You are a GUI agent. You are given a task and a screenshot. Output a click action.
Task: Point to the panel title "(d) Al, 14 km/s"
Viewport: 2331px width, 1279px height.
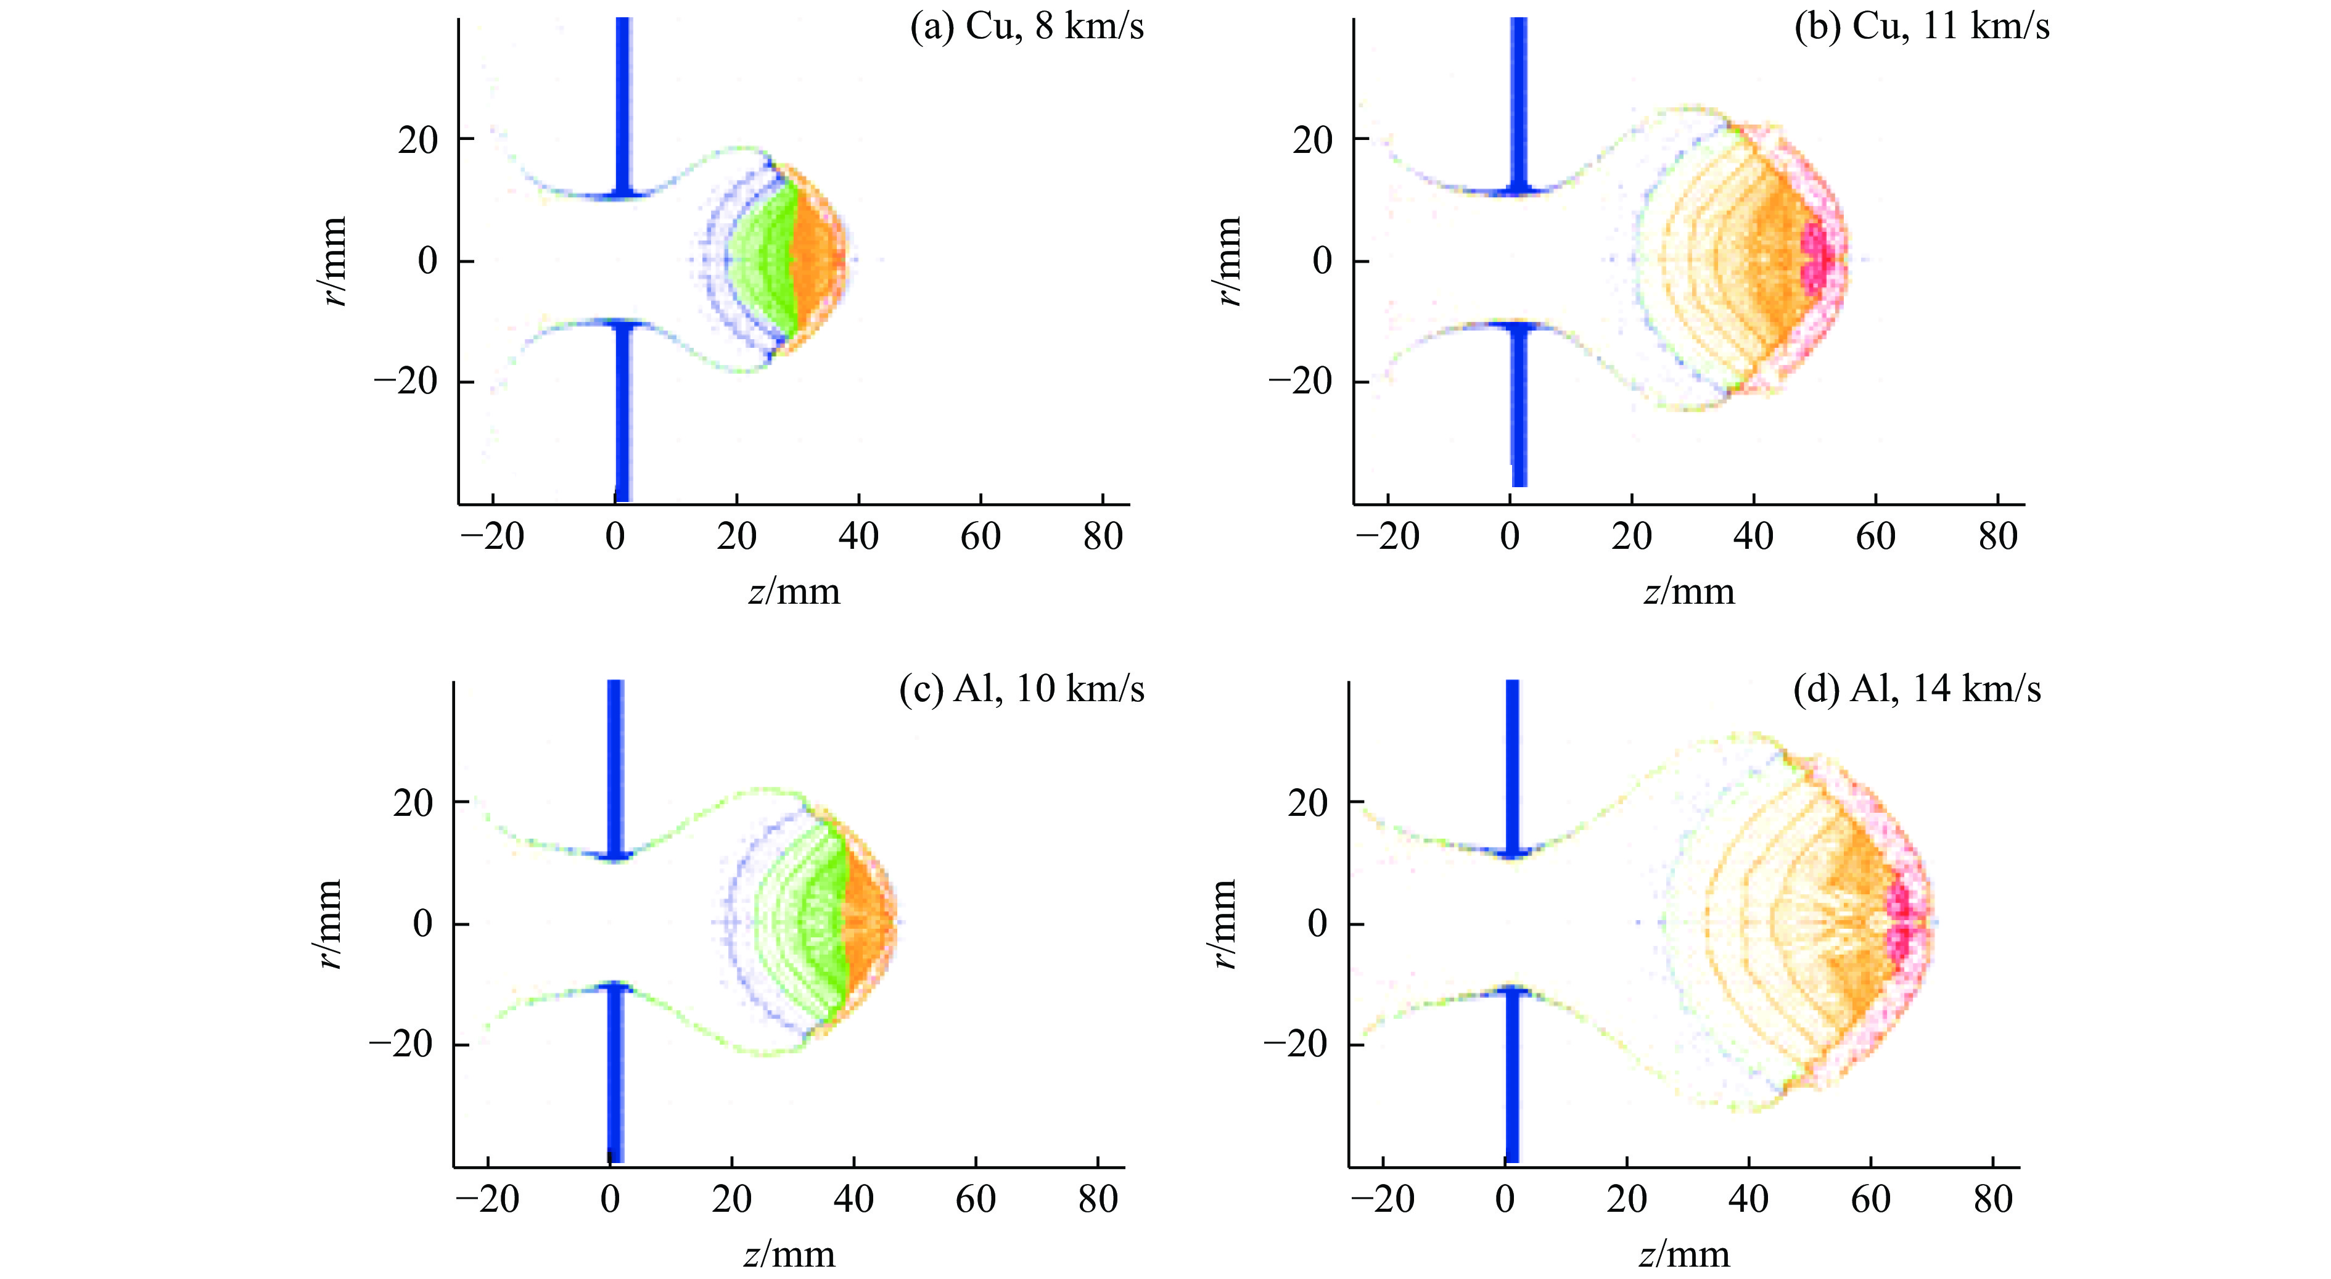[x=1917, y=689]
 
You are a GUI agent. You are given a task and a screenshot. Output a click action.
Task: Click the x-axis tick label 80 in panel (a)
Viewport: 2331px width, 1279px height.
[x=1102, y=537]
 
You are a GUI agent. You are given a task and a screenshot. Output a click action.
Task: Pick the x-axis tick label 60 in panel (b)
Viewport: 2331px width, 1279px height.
[x=1875, y=537]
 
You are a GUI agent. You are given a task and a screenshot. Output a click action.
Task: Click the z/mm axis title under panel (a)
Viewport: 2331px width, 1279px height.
[x=794, y=592]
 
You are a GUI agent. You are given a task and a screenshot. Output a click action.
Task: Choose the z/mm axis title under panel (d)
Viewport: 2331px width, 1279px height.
[x=1684, y=1254]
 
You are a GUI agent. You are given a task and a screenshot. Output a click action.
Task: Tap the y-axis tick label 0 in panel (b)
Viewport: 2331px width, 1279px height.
[x=1322, y=261]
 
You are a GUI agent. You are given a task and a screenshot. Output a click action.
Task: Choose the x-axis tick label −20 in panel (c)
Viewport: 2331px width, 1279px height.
[x=488, y=1200]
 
